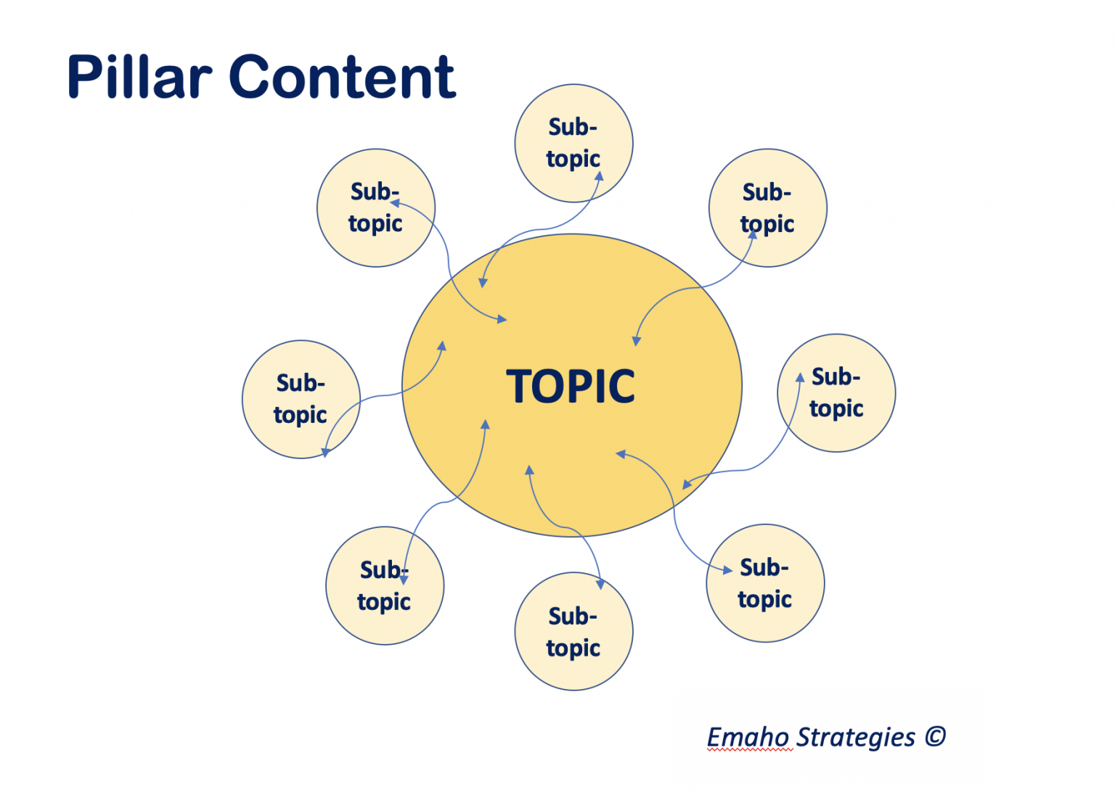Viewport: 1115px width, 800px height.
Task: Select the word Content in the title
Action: pyautogui.click(x=342, y=77)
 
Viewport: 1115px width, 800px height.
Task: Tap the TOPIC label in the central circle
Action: pyautogui.click(x=571, y=387)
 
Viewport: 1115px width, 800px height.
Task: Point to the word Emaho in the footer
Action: pyautogui.click(x=748, y=737)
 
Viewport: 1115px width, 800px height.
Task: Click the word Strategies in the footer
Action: pyautogui.click(x=856, y=737)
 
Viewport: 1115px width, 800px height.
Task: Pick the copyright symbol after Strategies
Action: pyautogui.click(x=936, y=737)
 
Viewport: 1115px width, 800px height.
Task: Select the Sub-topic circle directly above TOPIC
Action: pyautogui.click(x=573, y=143)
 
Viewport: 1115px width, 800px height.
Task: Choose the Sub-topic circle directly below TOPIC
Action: pyautogui.click(x=573, y=631)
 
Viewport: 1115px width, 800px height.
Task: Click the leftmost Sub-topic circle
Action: pyautogui.click(x=301, y=399)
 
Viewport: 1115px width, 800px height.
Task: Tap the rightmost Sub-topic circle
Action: pyautogui.click(x=836, y=393)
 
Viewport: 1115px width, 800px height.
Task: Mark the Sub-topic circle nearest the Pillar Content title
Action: pyautogui.click(x=376, y=208)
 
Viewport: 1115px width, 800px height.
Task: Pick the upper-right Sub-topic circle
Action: pyautogui.click(x=768, y=208)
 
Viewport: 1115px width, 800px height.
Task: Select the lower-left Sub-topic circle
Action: pyautogui.click(x=385, y=585)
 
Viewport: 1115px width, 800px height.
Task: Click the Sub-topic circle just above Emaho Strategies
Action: pyautogui.click(x=765, y=583)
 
